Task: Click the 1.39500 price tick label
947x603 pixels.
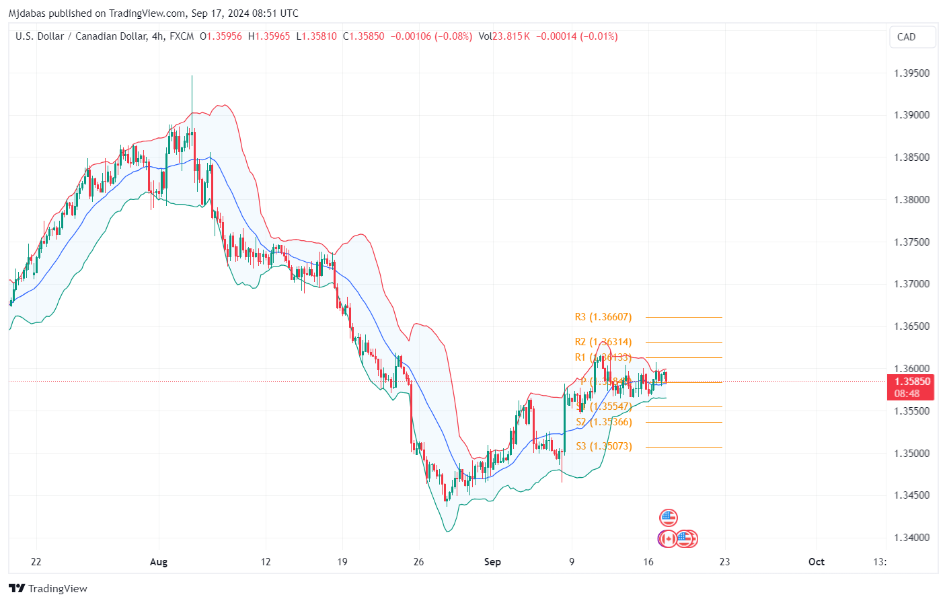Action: pyautogui.click(x=911, y=73)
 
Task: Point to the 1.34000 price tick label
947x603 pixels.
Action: pyautogui.click(x=911, y=538)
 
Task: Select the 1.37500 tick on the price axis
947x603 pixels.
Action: pyautogui.click(x=911, y=242)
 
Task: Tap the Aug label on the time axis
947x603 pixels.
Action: pyautogui.click(x=159, y=562)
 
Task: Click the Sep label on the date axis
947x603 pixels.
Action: pyautogui.click(x=492, y=562)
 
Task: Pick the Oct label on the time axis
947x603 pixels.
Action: pyautogui.click(x=816, y=562)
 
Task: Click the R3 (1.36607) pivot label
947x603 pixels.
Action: pyautogui.click(x=603, y=317)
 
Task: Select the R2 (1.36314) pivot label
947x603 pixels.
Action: pyautogui.click(x=603, y=342)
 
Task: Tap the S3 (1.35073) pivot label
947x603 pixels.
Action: pyautogui.click(x=604, y=446)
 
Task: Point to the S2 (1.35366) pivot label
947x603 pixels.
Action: pyautogui.click(x=604, y=422)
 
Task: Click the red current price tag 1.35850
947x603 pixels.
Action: pyautogui.click(x=912, y=382)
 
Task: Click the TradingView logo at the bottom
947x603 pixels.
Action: pyautogui.click(x=48, y=589)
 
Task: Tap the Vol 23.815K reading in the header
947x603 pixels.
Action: pyautogui.click(x=504, y=36)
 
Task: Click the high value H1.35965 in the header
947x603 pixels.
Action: pyautogui.click(x=269, y=36)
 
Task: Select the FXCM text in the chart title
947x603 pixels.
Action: pyautogui.click(x=182, y=36)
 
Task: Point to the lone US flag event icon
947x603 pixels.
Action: pyautogui.click(x=668, y=518)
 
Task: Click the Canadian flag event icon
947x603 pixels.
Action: pyautogui.click(x=667, y=538)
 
